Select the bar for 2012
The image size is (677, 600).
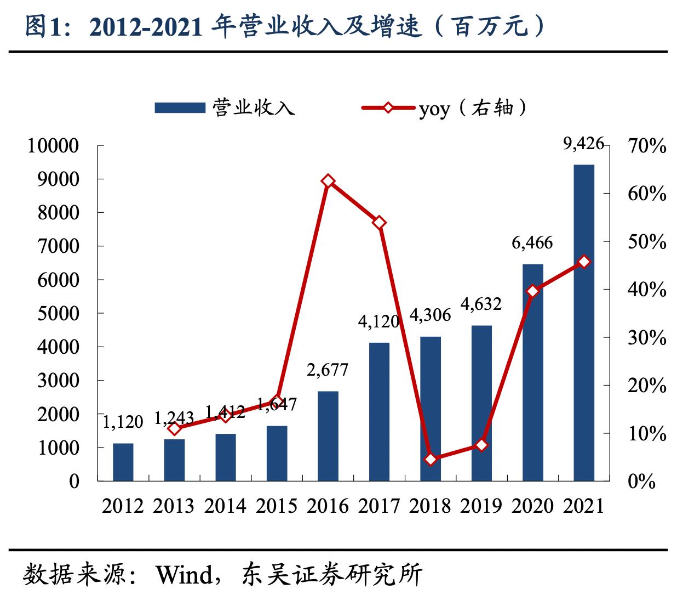(123, 462)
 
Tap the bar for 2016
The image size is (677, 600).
(328, 436)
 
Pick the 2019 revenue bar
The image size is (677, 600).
(481, 403)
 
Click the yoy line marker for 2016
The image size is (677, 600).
(328, 181)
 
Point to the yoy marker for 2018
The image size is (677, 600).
(431, 459)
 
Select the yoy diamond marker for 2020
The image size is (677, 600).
(532, 291)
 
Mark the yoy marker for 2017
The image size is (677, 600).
(380, 223)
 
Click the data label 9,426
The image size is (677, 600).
(583, 144)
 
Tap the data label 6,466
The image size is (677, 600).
(532, 242)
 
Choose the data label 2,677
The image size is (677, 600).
(328, 370)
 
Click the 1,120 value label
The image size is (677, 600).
(123, 422)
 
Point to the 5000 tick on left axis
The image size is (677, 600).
(59, 313)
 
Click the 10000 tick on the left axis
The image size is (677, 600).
(54, 146)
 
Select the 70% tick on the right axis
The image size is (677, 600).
(647, 146)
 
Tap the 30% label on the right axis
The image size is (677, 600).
(647, 337)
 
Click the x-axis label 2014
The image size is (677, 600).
(225, 506)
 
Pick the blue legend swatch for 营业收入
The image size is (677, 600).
(180, 108)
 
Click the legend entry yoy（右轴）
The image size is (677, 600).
(472, 108)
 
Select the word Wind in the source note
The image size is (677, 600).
(183, 575)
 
